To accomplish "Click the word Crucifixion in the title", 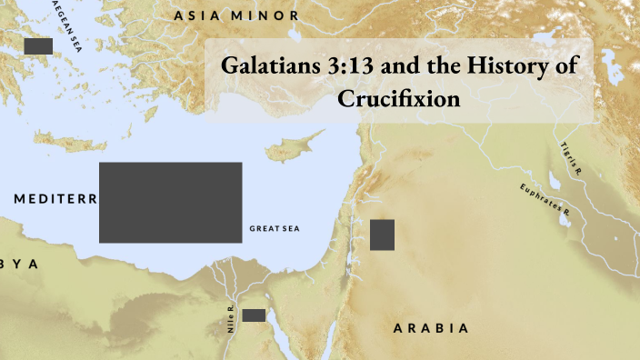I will [399, 98].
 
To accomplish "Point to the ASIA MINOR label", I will [236, 15].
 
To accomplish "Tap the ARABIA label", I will [431, 327].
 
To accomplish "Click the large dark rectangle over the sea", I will [170, 202].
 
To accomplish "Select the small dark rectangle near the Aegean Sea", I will [38, 45].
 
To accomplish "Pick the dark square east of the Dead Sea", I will [382, 235].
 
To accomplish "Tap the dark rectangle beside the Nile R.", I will [254, 315].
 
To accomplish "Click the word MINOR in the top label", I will [264, 15].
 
